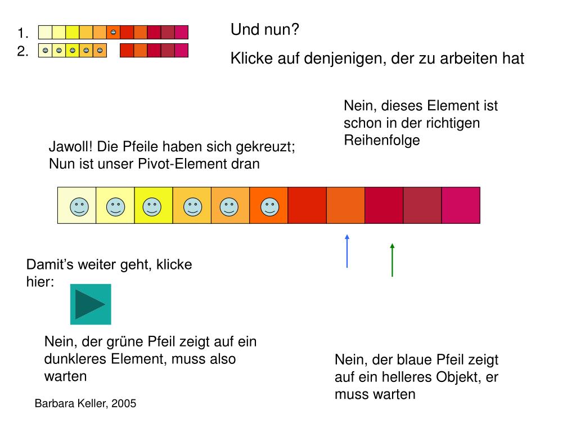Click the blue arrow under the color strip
[x=347, y=251]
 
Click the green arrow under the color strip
[x=392, y=260]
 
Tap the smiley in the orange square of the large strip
[x=269, y=206]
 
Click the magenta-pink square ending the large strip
[x=461, y=205]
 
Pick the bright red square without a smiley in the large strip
[x=307, y=205]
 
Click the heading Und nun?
[x=264, y=30]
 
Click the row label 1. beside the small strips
[x=23, y=32]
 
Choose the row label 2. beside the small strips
[x=23, y=52]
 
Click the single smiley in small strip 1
[x=113, y=32]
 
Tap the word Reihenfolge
[x=382, y=140]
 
